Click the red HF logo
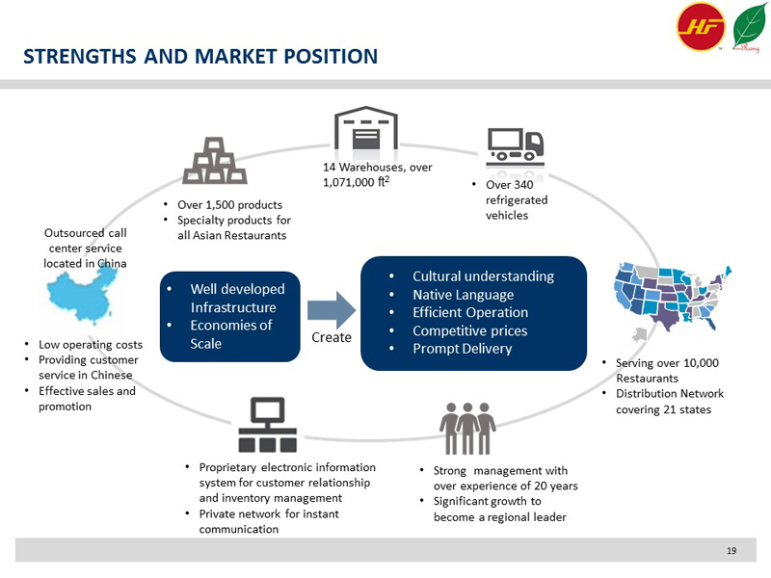click(x=701, y=27)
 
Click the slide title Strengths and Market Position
click(x=200, y=56)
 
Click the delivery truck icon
click(x=516, y=144)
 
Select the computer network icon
click(x=267, y=425)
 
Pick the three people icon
click(x=467, y=427)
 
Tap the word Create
click(x=331, y=338)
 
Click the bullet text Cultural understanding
click(x=483, y=276)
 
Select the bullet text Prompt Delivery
click(x=462, y=349)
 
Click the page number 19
click(x=731, y=550)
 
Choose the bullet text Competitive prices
click(x=473, y=330)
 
